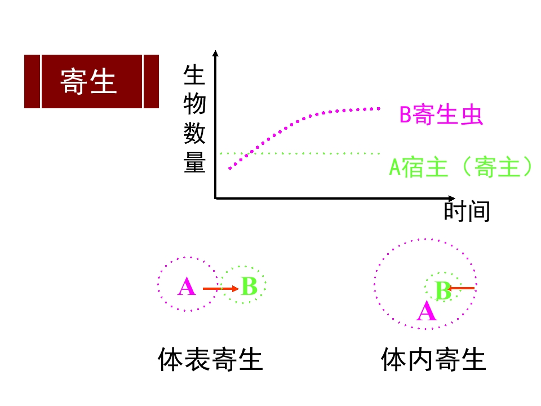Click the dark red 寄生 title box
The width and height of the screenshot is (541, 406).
(91, 81)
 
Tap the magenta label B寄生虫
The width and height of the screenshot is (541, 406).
(441, 114)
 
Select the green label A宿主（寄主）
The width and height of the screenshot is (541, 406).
(460, 167)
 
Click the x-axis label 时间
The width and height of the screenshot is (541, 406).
(467, 211)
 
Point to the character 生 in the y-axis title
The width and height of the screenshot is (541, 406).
(194, 75)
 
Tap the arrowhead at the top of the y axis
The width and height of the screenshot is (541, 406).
(216, 53)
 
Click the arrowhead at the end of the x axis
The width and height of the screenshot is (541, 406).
(452, 198)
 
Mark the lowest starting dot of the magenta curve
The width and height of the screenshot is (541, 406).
(230, 168)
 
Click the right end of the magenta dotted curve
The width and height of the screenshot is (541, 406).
(379, 109)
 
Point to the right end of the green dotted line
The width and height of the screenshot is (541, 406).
(379, 153)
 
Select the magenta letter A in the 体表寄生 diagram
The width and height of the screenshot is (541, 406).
(187, 286)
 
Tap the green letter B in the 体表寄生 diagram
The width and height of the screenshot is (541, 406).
(250, 286)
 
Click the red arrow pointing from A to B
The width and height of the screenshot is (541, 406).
(221, 289)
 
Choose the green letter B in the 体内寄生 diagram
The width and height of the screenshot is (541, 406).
(443, 290)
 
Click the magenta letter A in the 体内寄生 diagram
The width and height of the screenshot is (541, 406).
(427, 311)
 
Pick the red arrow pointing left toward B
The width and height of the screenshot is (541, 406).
(461, 288)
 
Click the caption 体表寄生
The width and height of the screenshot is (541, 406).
(210, 359)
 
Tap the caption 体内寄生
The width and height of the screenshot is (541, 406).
(434, 359)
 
